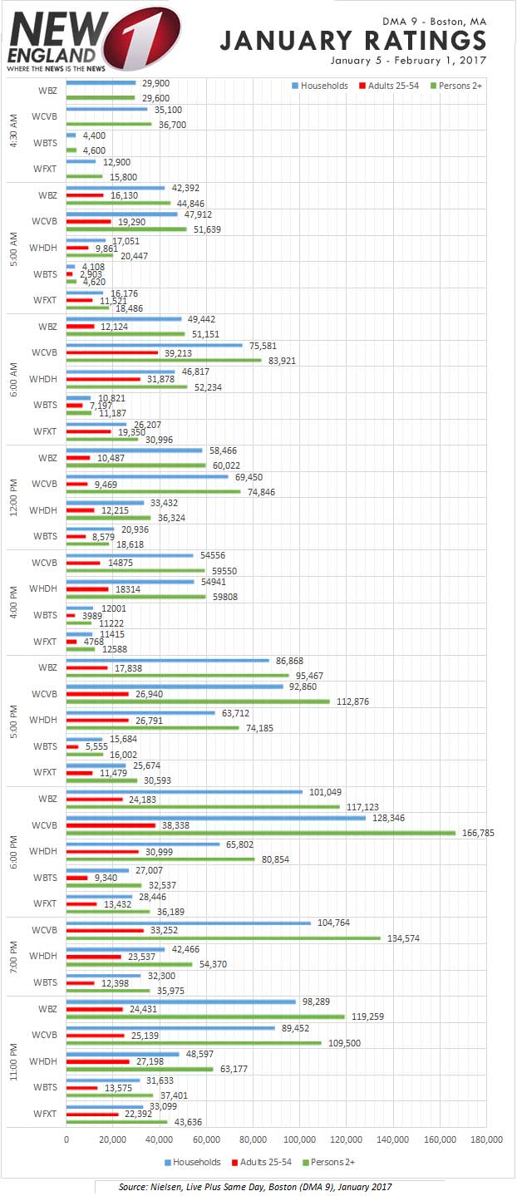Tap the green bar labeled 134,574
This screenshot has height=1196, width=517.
(x=223, y=938)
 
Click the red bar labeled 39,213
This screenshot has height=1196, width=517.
(x=111, y=352)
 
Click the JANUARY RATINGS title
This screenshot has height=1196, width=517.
(x=353, y=40)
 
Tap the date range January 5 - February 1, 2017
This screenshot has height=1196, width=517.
(x=407, y=61)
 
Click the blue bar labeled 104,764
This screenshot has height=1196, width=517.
(x=188, y=923)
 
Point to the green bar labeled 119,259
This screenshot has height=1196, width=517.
(x=205, y=1016)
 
